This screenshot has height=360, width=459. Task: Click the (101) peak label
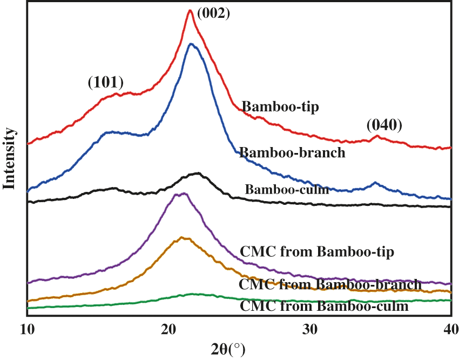pyautogui.click(x=106, y=83)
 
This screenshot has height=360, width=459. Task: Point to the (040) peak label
pyautogui.click(x=384, y=125)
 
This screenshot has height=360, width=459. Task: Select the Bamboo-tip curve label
pyautogui.click(x=280, y=106)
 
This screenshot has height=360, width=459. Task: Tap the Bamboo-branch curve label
pyautogui.click(x=292, y=152)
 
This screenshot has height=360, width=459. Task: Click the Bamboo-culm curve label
pyautogui.click(x=287, y=190)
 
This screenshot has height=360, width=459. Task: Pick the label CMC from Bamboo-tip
pyautogui.click(x=317, y=251)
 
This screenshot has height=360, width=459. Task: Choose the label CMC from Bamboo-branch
pyautogui.click(x=330, y=284)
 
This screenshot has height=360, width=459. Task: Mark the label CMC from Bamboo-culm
pyautogui.click(x=323, y=306)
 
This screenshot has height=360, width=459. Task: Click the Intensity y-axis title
pyautogui.click(x=9, y=157)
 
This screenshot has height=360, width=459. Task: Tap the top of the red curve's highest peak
pyautogui.click(x=190, y=10)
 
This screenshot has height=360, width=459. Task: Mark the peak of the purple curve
pyautogui.click(x=184, y=194)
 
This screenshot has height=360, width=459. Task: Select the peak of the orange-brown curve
pyautogui.click(x=183, y=237)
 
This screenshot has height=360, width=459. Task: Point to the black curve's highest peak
pyautogui.click(x=198, y=174)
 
